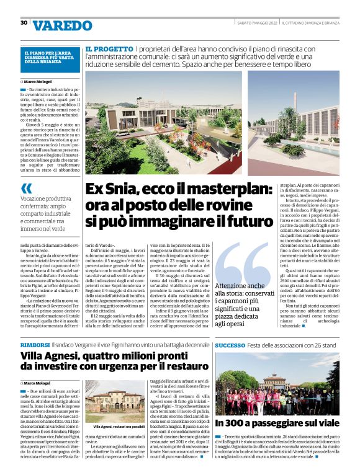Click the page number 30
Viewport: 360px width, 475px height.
24,23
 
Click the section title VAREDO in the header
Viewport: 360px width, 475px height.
62,25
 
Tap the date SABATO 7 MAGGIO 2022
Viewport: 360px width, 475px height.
257,23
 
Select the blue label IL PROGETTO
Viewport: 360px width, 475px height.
108,48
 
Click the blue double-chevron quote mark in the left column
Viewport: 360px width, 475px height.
26,188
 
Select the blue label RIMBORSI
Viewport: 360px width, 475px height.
35,345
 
